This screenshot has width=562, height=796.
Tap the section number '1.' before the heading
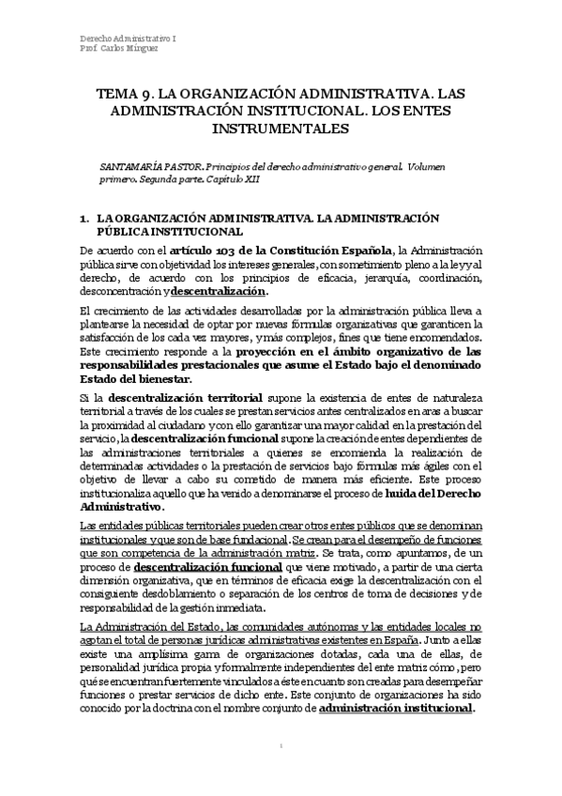(85, 217)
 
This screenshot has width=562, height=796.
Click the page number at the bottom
(281, 772)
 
